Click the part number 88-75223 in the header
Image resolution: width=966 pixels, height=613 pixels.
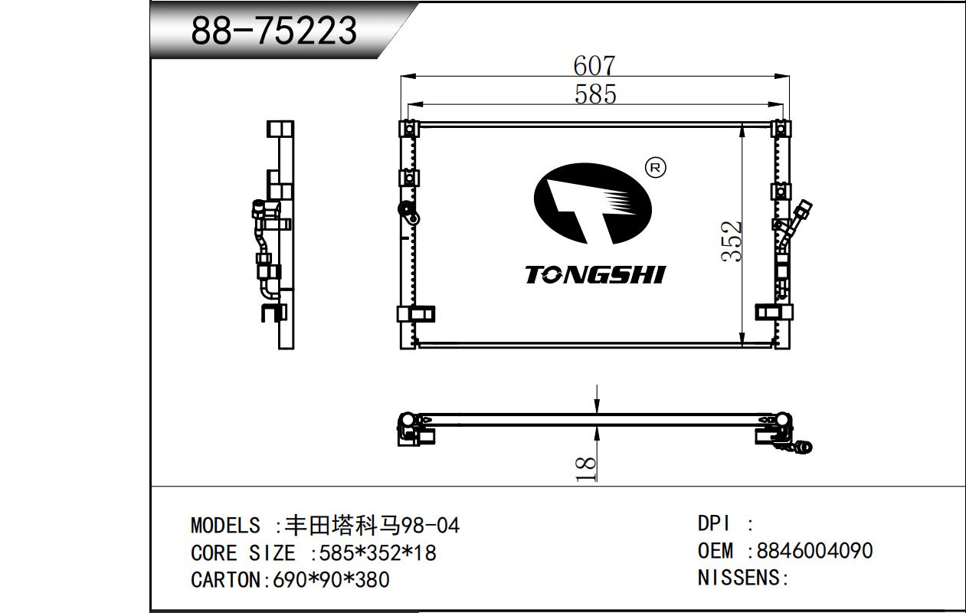(273, 31)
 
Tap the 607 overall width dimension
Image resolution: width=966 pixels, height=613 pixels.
(594, 66)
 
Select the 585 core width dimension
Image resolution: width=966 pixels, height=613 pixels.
(595, 94)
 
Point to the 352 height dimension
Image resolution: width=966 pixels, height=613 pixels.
(732, 241)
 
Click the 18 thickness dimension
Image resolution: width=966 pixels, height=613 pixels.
(586, 469)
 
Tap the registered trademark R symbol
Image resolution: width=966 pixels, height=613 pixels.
(655, 168)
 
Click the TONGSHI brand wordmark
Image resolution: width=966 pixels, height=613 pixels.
(595, 275)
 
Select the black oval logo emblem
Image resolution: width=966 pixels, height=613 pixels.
(592, 203)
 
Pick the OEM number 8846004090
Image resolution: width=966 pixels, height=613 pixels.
(814, 551)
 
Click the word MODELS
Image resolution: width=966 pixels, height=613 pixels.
(225, 526)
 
